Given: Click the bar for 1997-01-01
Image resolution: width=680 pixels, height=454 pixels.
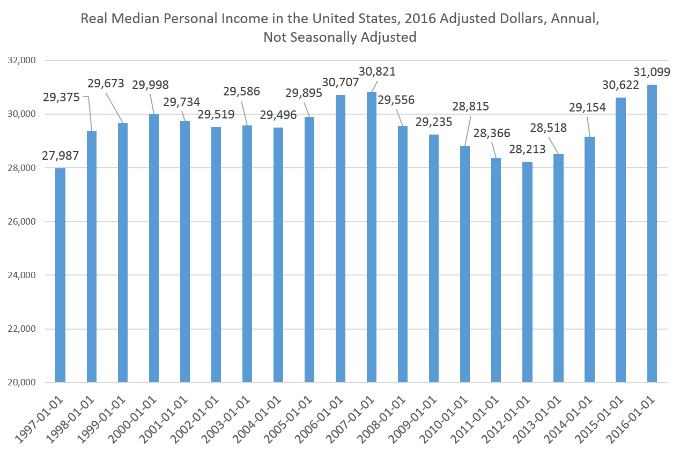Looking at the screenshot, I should coord(60,275).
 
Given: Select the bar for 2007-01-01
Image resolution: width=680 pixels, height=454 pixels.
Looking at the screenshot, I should coord(371,237).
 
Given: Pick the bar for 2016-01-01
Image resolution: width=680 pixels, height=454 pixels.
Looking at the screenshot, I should coord(652,234).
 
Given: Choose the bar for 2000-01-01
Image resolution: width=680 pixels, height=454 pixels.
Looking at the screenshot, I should coord(153,248).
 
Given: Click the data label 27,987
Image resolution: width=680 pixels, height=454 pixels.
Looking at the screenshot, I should coord(61,156).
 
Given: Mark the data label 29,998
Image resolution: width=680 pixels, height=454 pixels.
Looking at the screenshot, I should coord(151,85).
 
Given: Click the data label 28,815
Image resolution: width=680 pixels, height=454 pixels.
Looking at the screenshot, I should coord(470,106).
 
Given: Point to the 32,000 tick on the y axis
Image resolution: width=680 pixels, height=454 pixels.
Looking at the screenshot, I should coord(22,61).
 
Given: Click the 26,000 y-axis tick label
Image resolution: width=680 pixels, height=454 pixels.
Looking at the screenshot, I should coord(22,221).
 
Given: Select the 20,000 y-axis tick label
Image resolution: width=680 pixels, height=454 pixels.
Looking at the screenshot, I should coord(22,383).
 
